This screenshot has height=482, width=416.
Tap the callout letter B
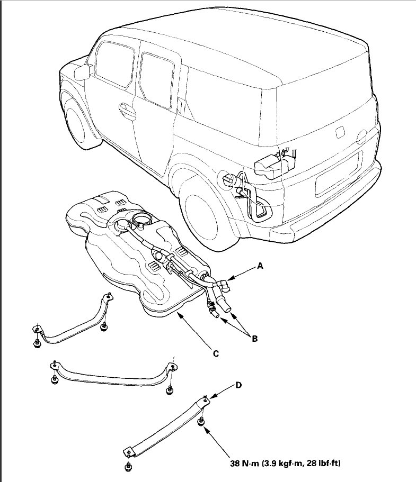254,339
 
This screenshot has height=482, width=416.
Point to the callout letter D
238,385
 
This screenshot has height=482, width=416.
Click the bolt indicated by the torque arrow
202,422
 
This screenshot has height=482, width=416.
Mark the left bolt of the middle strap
54,380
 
